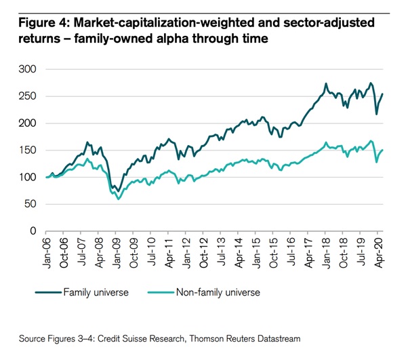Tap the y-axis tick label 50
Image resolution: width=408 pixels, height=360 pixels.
(x=28, y=204)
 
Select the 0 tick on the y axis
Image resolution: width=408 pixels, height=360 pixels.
(x=31, y=231)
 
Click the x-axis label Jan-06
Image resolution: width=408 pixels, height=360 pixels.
(x=47, y=253)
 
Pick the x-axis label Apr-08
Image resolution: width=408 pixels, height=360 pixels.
(x=100, y=253)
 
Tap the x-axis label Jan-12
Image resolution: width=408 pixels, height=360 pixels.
(x=188, y=253)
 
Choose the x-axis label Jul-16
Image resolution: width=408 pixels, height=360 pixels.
(x=293, y=253)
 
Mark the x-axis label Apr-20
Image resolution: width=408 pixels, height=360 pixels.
(x=381, y=253)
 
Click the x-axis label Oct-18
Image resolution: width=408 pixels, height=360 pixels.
(x=346, y=253)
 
